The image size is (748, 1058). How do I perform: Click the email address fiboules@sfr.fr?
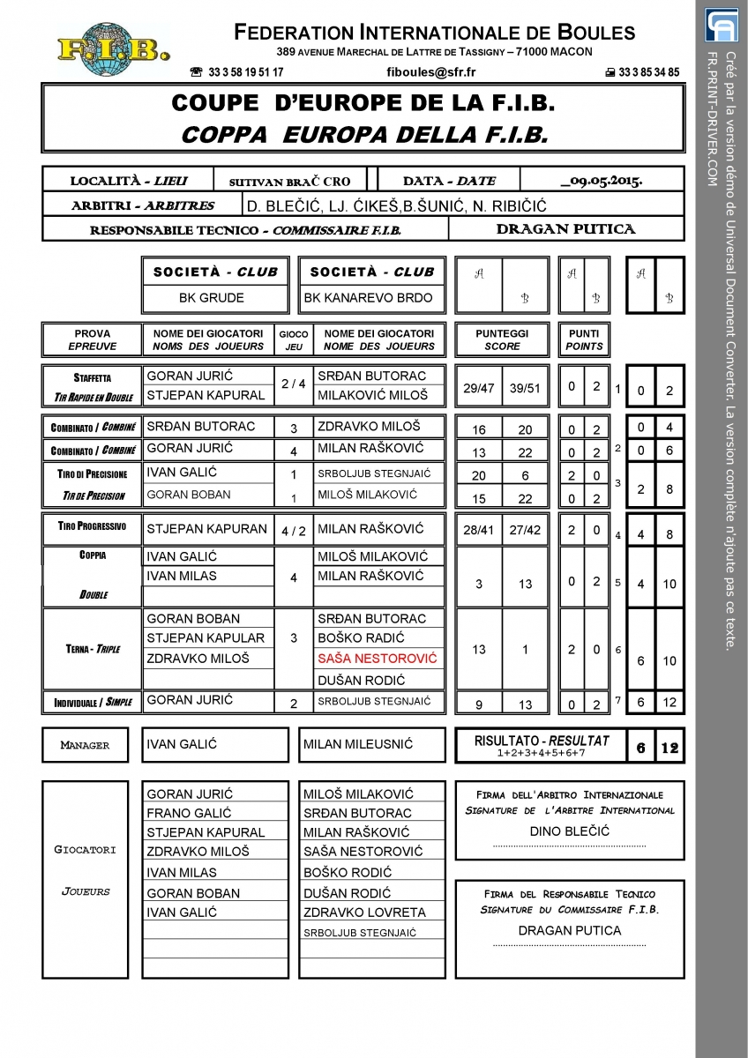[x=431, y=72]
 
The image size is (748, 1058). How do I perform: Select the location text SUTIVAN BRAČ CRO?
[x=289, y=182]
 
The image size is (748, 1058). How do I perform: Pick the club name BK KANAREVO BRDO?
[x=369, y=298]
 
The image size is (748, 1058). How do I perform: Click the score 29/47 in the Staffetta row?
[x=477, y=387]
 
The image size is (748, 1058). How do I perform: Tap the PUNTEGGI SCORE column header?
[x=502, y=340]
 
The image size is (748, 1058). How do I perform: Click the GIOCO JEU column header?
[x=294, y=340]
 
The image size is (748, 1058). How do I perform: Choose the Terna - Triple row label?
[x=93, y=649]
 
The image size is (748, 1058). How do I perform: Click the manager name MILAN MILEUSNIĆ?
[x=357, y=744]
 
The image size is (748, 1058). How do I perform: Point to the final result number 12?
[x=669, y=748]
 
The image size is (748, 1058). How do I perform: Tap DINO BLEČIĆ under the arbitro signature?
[x=569, y=831]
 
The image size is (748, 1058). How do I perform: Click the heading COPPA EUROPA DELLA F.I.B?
[x=363, y=136]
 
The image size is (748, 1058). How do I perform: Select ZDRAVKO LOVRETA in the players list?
[x=364, y=912]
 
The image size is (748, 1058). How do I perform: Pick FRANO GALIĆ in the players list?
[x=189, y=813]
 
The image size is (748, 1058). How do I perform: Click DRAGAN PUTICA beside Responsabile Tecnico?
[x=565, y=229]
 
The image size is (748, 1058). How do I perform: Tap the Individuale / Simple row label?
[x=93, y=702]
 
